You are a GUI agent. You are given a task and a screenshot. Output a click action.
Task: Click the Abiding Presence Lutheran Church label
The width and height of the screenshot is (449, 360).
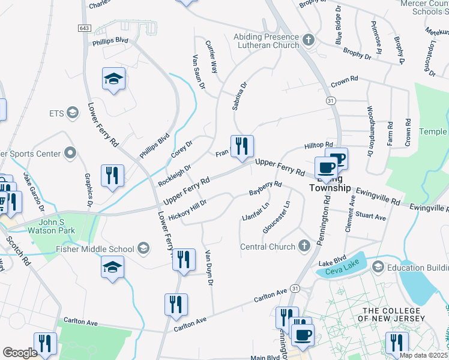click(x=266, y=41)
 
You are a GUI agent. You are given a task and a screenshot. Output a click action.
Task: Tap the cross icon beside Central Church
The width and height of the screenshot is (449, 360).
click(x=304, y=246)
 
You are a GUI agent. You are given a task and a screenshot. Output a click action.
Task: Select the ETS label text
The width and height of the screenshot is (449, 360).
click(x=56, y=113)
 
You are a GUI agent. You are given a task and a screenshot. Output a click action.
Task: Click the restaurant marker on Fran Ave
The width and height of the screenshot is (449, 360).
click(x=242, y=146)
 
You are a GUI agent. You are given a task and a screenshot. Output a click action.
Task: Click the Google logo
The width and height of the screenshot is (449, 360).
click(x=20, y=353)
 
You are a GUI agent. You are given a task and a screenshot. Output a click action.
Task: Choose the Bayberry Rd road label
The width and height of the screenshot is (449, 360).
click(x=265, y=188)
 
